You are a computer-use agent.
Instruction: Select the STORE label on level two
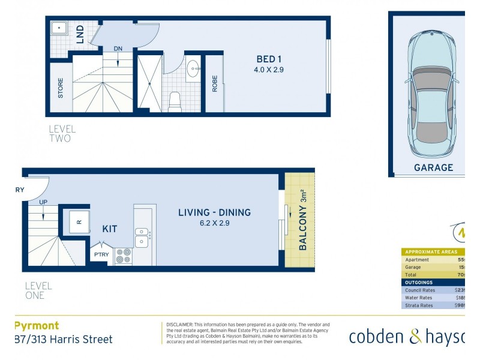coord(60,88)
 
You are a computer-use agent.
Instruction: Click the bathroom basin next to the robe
coord(194,67)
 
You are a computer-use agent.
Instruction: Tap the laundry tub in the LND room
coord(59,28)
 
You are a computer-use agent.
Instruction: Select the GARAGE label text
coord(433,168)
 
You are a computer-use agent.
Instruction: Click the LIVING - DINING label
coord(214,212)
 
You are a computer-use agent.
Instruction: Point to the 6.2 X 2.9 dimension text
coord(214,223)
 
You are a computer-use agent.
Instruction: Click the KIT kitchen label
coord(110,229)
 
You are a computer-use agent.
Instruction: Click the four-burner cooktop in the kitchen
coord(123,256)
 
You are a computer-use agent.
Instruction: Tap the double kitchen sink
coord(142,236)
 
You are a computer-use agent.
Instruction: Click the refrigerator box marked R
coord(79,221)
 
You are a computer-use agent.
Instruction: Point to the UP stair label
coord(43,202)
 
